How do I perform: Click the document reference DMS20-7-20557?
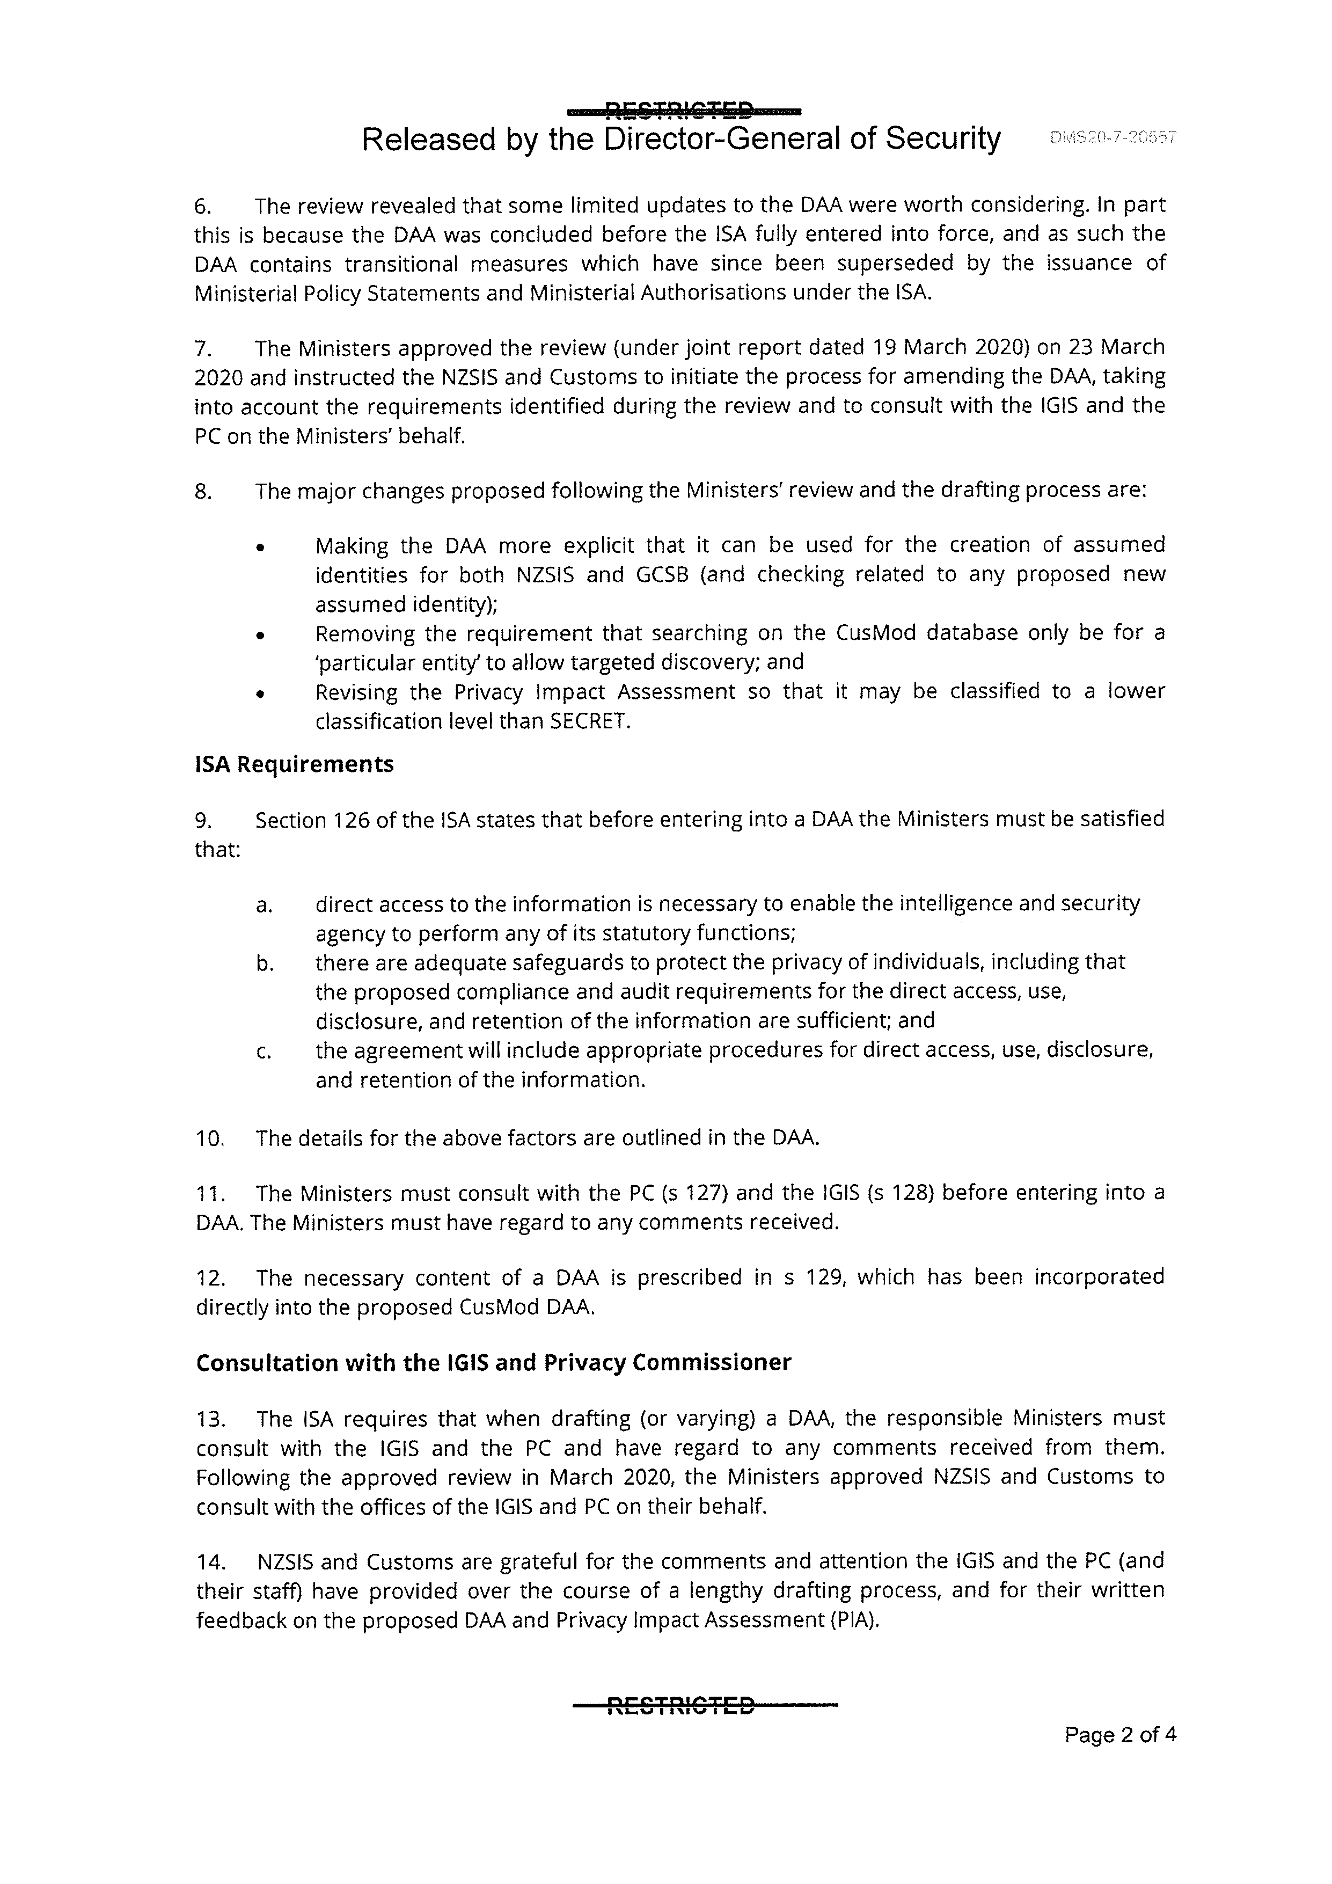pyautogui.click(x=1113, y=138)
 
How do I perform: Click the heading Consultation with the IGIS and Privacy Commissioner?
pyautogui.click(x=493, y=1362)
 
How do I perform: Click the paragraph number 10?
pyautogui.click(x=210, y=1138)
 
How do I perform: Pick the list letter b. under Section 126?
pyautogui.click(x=264, y=962)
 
